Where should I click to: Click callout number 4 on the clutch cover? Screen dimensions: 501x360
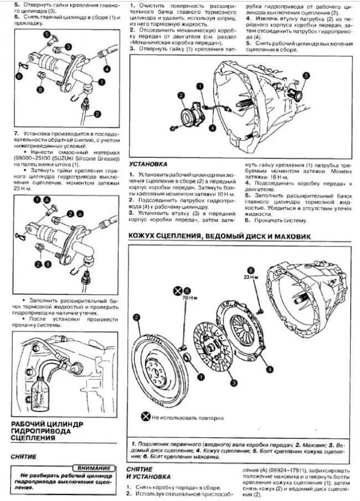(x=269, y=368)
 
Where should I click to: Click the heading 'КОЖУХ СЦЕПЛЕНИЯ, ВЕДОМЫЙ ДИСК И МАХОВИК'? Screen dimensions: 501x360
(x=219, y=236)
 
